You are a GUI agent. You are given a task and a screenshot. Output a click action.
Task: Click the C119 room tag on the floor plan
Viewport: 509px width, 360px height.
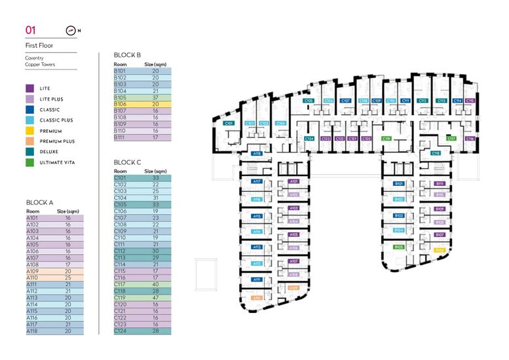click(x=386, y=139)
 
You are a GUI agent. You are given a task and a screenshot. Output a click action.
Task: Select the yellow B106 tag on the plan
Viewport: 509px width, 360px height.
click(x=440, y=249)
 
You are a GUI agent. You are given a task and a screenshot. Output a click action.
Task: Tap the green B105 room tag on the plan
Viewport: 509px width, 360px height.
click(x=398, y=247)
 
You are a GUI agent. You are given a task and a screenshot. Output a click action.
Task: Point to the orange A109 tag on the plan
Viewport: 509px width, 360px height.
click(x=294, y=287)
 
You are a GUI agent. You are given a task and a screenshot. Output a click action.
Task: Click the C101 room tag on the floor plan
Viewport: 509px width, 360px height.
click(x=229, y=123)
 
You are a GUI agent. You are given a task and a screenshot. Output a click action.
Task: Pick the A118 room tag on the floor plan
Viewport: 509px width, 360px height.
click(x=257, y=154)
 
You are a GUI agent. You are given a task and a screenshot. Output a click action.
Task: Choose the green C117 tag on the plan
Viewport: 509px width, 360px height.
click(x=451, y=139)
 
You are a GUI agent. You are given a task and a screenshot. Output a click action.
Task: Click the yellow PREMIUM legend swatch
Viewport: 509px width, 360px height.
click(x=29, y=131)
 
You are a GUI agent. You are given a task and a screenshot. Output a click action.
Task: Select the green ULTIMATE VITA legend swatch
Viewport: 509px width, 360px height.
click(x=29, y=162)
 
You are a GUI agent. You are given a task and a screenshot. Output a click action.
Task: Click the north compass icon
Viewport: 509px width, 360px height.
click(x=71, y=30)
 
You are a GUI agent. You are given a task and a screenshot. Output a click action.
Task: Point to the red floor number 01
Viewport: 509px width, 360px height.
click(x=30, y=30)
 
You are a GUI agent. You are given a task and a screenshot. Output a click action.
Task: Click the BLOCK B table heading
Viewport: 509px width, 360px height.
click(x=127, y=56)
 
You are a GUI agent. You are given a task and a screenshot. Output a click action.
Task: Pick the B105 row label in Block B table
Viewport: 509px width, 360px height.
click(x=120, y=98)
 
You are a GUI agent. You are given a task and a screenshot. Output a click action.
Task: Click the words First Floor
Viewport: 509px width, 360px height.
click(x=40, y=46)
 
